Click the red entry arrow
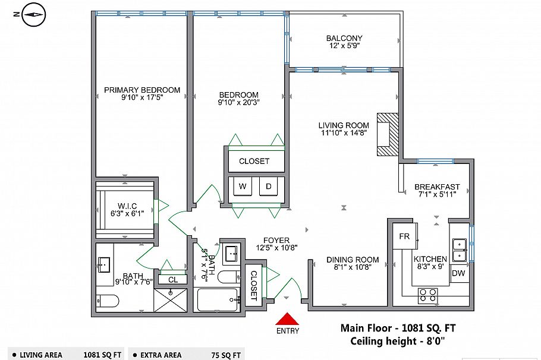pyautogui.click(x=287, y=319)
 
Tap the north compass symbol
pyautogui.click(x=34, y=14)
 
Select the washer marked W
pyautogui.click(x=243, y=187)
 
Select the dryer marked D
pyautogui.click(x=269, y=187)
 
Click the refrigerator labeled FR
pyautogui.click(x=404, y=236)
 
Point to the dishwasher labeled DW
pyautogui.click(x=458, y=273)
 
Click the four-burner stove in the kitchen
pyautogui.click(x=428, y=295)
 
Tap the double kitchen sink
pyautogui.click(x=460, y=250)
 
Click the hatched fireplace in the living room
pyautogui.click(x=388, y=134)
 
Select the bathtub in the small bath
pyautogui.click(x=218, y=299)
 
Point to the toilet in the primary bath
pyautogui.click(x=107, y=301)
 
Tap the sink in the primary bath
pyautogui.click(x=104, y=265)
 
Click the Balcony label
pyautogui.click(x=344, y=38)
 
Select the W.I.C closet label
pyautogui.click(x=127, y=206)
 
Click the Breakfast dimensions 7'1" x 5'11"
pyautogui.click(x=437, y=194)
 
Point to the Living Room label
pyautogui.click(x=344, y=125)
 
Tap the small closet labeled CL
pyautogui.click(x=173, y=280)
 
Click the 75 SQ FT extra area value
pyautogui.click(x=226, y=355)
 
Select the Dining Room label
pyautogui.click(x=353, y=260)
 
